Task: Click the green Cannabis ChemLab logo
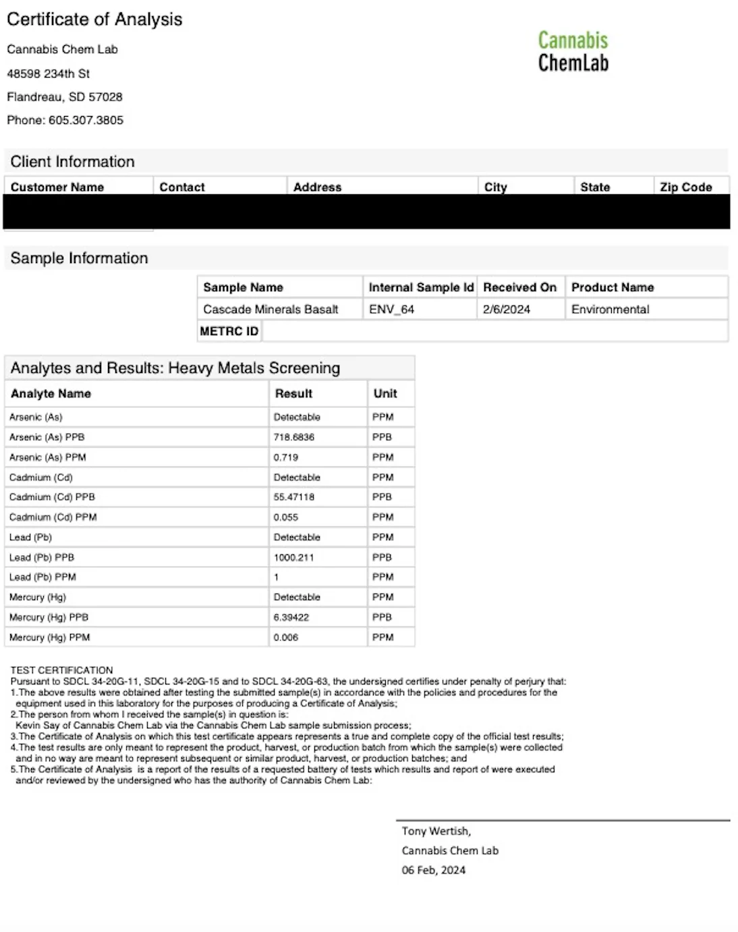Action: pos(573,51)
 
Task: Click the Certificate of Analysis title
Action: pos(94,20)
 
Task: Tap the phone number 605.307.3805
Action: pos(86,120)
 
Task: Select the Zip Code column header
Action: pos(685,187)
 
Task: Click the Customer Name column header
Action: pos(57,187)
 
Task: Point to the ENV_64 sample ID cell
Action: pos(391,309)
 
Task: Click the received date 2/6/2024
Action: pos(506,309)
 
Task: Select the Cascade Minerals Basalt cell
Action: pos(271,309)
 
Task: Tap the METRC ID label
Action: pos(229,331)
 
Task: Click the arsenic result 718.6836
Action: pos(293,437)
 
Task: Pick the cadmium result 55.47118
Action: pos(293,497)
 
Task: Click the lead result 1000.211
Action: pos(293,557)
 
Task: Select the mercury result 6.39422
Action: pos(291,617)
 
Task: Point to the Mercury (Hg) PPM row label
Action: pos(49,637)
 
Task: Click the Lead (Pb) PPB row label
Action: pos(42,557)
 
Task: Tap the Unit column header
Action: pos(385,393)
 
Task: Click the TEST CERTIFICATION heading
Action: pos(61,670)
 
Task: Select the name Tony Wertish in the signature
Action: pos(436,831)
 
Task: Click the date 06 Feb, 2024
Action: pos(433,870)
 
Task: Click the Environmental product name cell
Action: pos(610,309)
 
